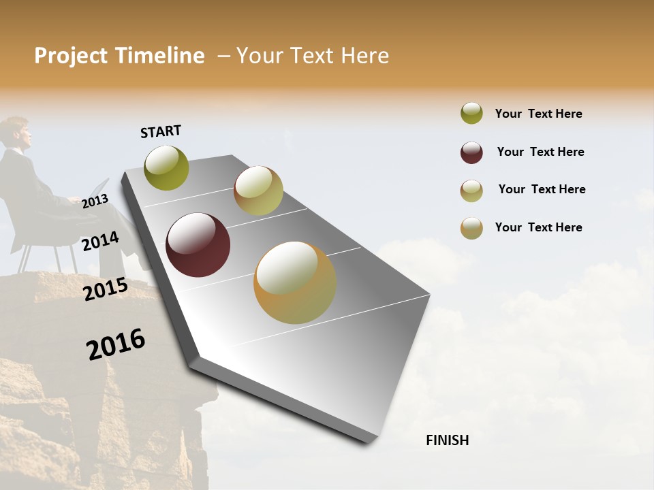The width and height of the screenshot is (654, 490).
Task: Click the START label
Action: (161, 131)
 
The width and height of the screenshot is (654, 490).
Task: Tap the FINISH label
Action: (447, 440)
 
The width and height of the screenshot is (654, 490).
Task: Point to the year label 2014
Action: (100, 242)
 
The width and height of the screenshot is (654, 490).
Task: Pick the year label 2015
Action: (106, 289)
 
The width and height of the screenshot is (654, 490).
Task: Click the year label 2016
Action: (116, 344)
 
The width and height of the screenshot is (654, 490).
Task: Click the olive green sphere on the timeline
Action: (166, 167)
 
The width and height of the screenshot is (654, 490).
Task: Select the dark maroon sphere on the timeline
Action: (198, 245)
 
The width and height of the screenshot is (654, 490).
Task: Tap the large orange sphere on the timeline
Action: (295, 282)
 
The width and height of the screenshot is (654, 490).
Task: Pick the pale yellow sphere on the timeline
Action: (258, 191)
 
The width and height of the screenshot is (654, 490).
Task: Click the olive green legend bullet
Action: (471, 114)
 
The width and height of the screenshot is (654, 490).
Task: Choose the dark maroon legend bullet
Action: (471, 152)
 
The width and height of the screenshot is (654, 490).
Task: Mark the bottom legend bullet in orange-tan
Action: (471, 228)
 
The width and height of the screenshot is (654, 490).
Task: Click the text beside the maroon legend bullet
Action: (540, 152)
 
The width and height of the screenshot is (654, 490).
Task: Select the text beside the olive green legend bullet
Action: (538, 114)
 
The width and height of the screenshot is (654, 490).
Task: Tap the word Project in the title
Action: (72, 56)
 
